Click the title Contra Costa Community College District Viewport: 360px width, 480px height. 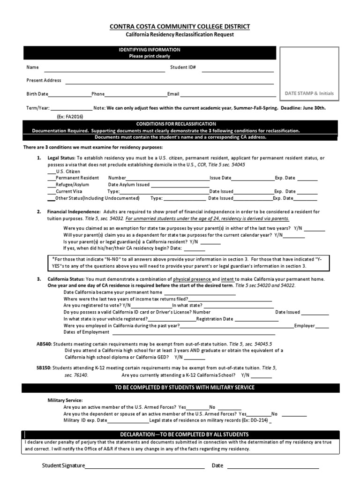pos(180,27)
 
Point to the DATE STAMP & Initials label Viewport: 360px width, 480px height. pos(309,93)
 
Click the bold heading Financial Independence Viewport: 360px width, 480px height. pos(74,212)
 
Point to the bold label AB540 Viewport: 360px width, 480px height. pos(44,344)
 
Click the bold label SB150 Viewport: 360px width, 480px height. pos(44,368)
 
